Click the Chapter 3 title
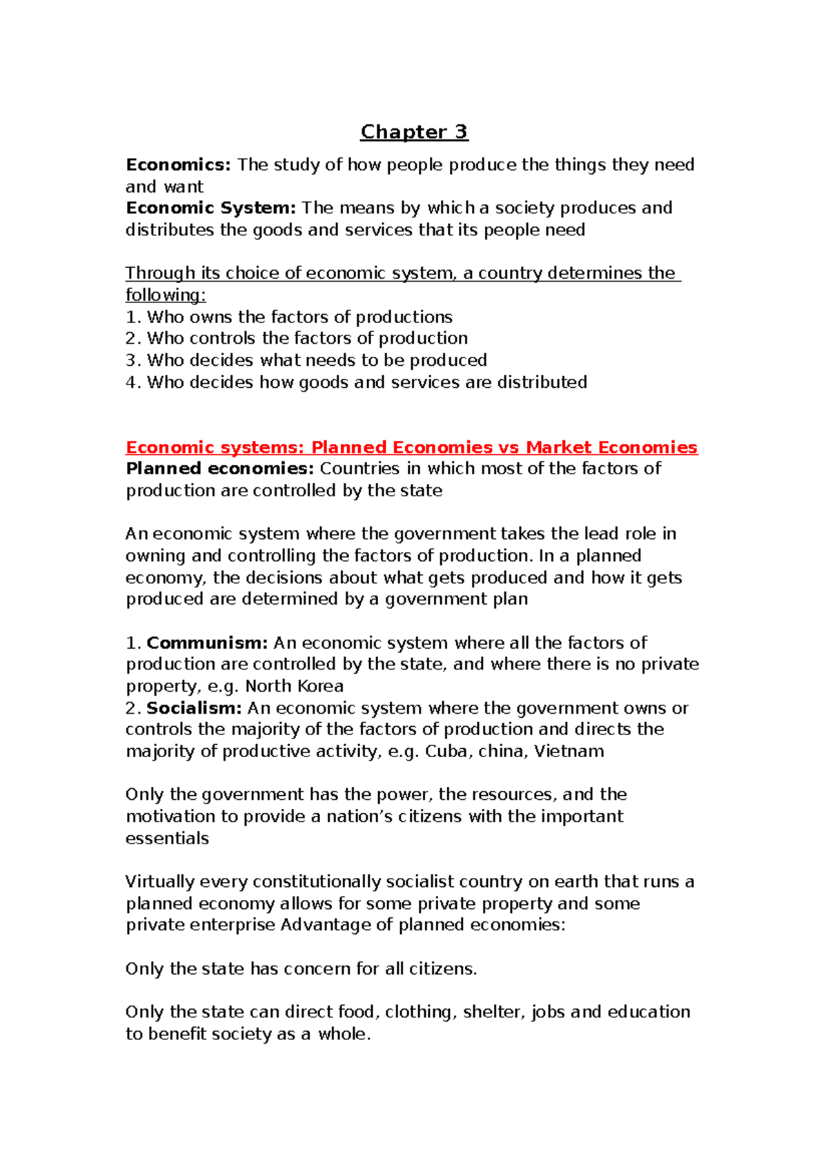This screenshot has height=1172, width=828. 414,131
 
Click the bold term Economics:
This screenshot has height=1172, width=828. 178,164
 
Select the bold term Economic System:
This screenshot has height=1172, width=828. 210,208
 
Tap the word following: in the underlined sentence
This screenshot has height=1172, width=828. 166,295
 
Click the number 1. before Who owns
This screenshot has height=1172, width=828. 133,317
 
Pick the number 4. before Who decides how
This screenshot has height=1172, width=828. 133,382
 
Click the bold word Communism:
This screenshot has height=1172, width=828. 207,643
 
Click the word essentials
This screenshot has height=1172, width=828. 167,839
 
